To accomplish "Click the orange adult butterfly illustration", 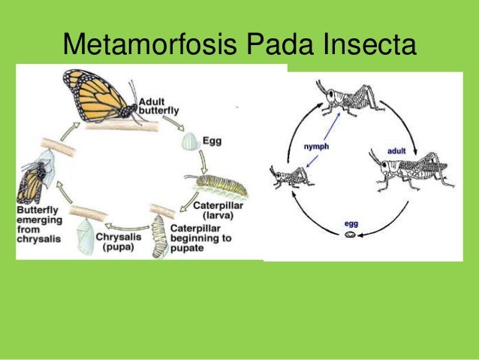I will click(x=98, y=98).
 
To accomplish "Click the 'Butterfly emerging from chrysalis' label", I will click(x=42, y=224).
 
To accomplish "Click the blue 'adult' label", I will click(x=397, y=151).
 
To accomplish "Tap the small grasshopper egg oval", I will click(x=351, y=235).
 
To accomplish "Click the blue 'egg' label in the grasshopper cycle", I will click(x=351, y=223).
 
